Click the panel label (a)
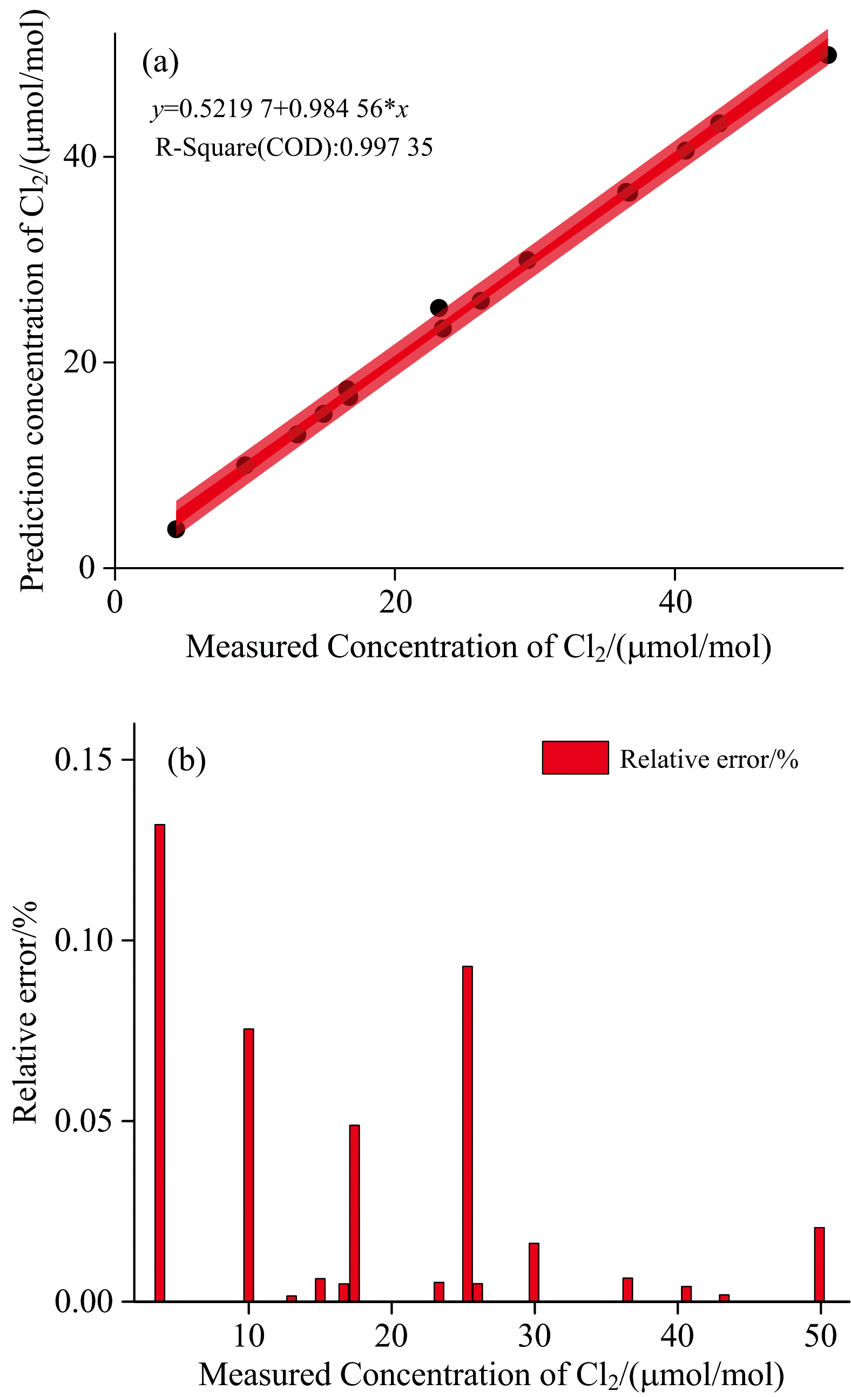(x=160, y=63)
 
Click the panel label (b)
(x=186, y=760)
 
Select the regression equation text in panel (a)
(x=280, y=108)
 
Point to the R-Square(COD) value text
(x=294, y=147)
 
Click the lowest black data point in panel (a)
(x=176, y=529)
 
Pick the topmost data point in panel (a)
(x=828, y=56)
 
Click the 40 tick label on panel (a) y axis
(x=79, y=156)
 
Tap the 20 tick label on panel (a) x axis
(x=395, y=602)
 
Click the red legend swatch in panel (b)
(x=575, y=758)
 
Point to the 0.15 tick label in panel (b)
(x=83, y=759)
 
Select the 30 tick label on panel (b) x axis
(x=535, y=1337)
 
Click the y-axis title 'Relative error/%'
(x=25, y=1012)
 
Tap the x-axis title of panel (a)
(x=478, y=646)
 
